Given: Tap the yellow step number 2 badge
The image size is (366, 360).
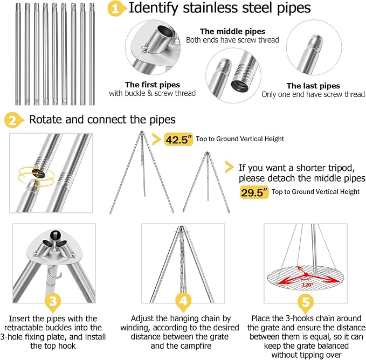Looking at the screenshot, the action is point(13,120).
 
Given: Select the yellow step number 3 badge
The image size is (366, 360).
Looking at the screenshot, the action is point(53,302).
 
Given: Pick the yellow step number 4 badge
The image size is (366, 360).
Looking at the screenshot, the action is point(183,302).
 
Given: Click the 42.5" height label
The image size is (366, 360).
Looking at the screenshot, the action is point(179,140).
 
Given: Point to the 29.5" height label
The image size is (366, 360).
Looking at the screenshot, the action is point(254,192).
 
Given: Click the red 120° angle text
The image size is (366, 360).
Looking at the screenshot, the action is point(307,285).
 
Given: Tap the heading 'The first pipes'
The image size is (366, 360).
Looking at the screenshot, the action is point(153,85).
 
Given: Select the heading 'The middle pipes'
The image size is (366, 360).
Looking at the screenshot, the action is point(232,31).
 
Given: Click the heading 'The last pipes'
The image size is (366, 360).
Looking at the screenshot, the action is point(313,86).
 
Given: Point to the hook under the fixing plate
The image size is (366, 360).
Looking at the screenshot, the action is point(55,273).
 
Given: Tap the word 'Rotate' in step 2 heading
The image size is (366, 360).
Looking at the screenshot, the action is point(45,120).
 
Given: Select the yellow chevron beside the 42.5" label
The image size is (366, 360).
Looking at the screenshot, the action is point(156,139).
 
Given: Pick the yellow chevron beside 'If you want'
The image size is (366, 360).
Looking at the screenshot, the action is point(229,167).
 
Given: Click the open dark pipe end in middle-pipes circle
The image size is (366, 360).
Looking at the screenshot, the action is point(239,85).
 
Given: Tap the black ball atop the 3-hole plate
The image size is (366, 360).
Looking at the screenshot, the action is point(55,234).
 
